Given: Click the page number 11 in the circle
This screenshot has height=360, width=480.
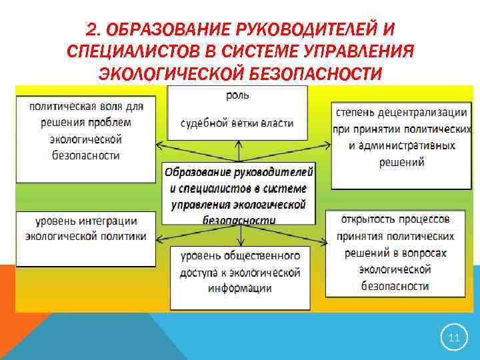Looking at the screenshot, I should (454, 338).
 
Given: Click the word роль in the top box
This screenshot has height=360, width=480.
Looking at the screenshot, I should (237, 95).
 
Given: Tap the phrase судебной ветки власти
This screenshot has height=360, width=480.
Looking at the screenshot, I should (237, 123).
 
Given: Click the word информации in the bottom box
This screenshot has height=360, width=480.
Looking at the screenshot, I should (239, 289).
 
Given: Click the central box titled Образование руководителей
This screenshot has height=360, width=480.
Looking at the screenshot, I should (239, 193).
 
